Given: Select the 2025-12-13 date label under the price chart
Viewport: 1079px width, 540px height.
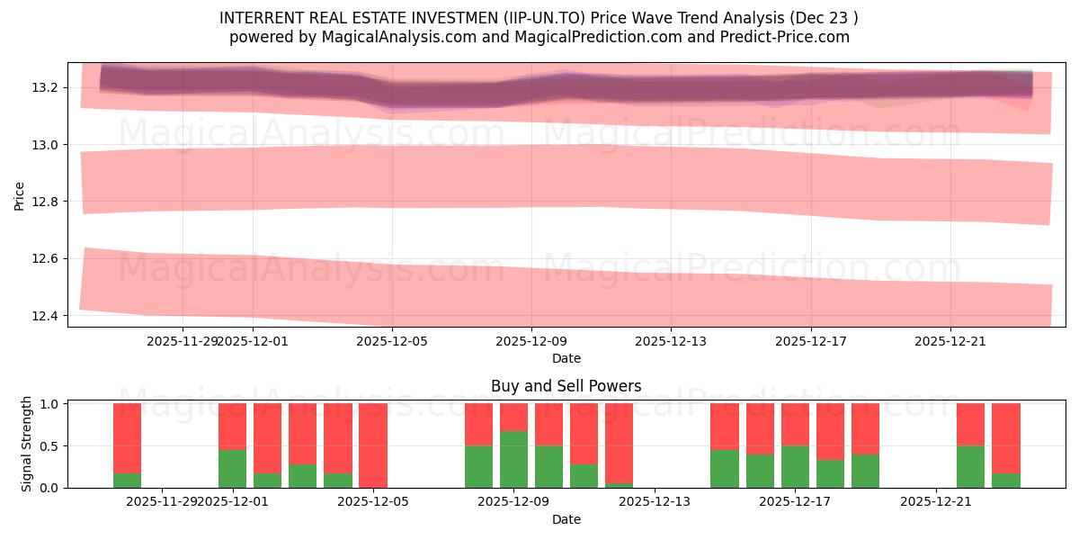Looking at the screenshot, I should pyautogui.click(x=671, y=341).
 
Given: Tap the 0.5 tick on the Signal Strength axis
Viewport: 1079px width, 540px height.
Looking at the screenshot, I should pyautogui.click(x=49, y=446).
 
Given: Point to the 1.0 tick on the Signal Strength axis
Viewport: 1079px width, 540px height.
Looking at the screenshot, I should pyautogui.click(x=49, y=404).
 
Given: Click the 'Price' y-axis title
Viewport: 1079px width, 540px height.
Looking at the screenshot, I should pyautogui.click(x=20, y=194).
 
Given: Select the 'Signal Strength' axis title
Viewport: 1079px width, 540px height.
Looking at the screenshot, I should pyautogui.click(x=27, y=444).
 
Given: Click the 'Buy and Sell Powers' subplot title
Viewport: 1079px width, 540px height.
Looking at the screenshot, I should pyautogui.click(x=566, y=386).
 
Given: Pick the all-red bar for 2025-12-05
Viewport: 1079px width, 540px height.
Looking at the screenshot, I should pyautogui.click(x=372, y=445).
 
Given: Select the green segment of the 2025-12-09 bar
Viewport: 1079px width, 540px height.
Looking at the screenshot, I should pyautogui.click(x=513, y=459).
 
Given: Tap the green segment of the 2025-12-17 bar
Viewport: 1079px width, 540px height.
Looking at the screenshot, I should pyautogui.click(x=795, y=466).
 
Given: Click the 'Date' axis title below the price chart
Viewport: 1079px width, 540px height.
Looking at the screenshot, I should pyautogui.click(x=566, y=358).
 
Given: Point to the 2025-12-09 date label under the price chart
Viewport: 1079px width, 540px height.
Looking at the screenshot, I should pyautogui.click(x=531, y=341).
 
